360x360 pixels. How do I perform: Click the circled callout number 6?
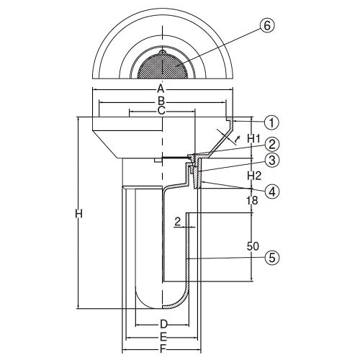pos(266,25)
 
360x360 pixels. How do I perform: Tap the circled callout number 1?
pos(271,122)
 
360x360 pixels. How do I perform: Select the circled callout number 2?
pos(272,144)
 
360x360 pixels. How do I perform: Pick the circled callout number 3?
pos(272,161)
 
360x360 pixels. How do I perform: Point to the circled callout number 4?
pos(272,192)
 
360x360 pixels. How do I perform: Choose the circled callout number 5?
pos(272,258)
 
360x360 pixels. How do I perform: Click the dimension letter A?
pos(161,89)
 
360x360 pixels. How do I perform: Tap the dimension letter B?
pos(161,102)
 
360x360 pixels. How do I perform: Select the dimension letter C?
pos(161,111)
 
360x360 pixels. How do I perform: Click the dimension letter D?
pos(163,324)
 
